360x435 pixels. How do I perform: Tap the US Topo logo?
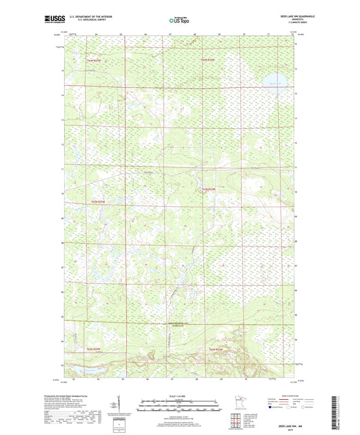point(178,21)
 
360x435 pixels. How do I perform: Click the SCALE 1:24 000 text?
point(180,395)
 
